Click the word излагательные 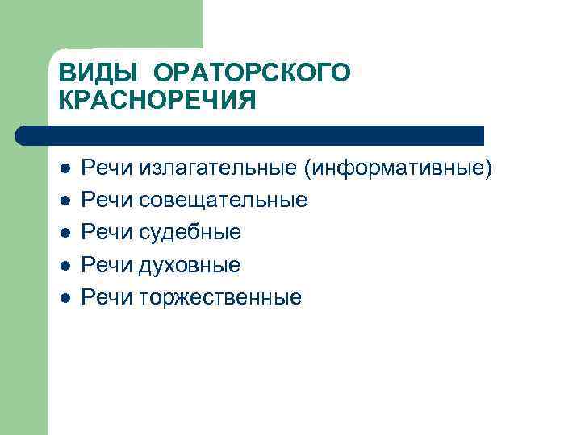pyautogui.click(x=219, y=168)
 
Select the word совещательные pyautogui.click(x=223, y=200)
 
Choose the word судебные pyautogui.click(x=190, y=233)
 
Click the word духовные pyautogui.click(x=190, y=265)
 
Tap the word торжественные pyautogui.click(x=220, y=297)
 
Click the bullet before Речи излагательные pyautogui.click(x=65, y=168)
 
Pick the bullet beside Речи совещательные pyautogui.click(x=65, y=201)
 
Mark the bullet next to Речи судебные pyautogui.click(x=65, y=233)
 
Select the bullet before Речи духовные pyautogui.click(x=65, y=265)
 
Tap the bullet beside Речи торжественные pyautogui.click(x=65, y=297)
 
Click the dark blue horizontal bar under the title pyautogui.click(x=250, y=135)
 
